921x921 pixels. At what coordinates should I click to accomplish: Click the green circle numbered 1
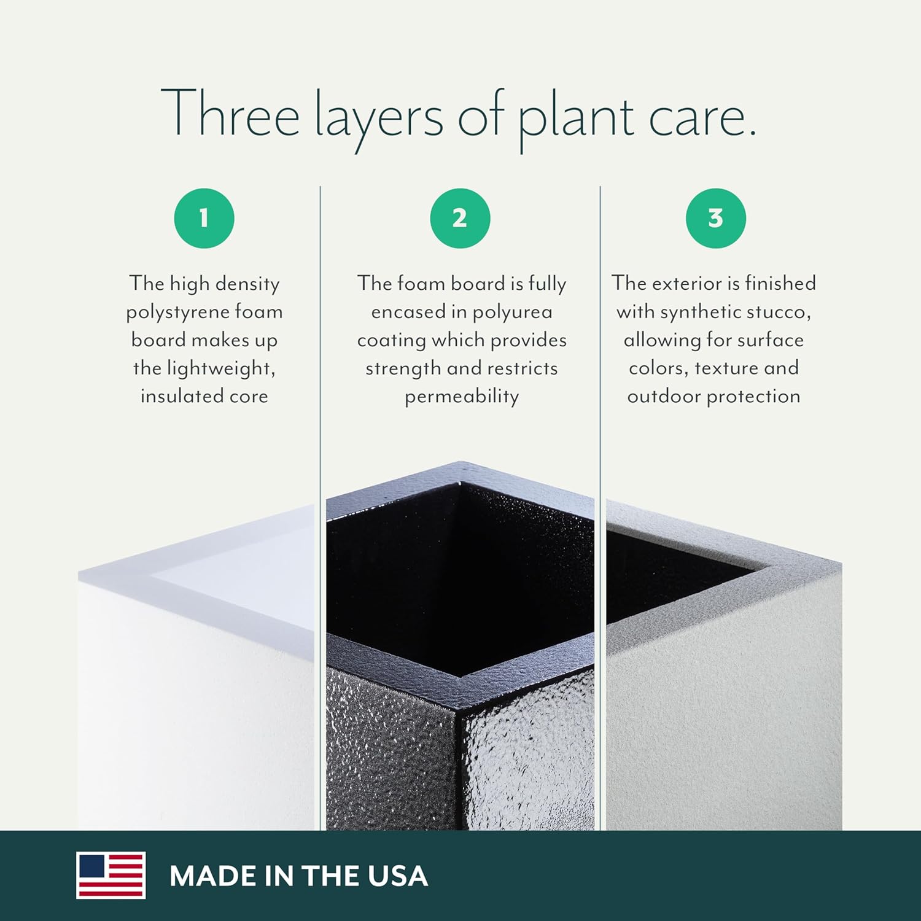(204, 219)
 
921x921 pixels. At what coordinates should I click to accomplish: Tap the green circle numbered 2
(460, 219)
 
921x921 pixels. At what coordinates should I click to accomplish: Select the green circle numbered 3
(716, 219)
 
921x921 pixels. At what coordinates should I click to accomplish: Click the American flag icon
(111, 875)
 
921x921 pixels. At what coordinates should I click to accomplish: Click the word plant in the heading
(576, 118)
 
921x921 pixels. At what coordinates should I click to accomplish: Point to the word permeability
(462, 397)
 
